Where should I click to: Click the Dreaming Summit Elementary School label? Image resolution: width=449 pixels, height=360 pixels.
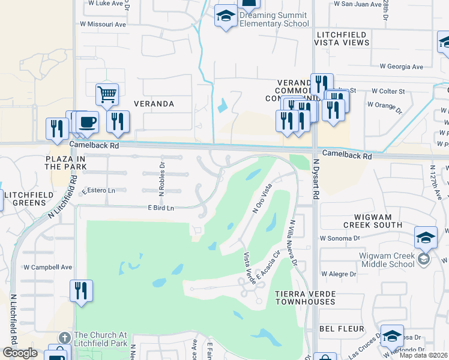coord(271,20)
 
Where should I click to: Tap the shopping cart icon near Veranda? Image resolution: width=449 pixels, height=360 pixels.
coord(107,94)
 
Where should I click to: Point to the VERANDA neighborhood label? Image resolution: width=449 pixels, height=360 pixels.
coord(155,104)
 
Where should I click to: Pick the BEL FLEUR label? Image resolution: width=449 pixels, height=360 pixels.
coord(342,329)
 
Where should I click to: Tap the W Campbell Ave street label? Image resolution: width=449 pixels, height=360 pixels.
coord(47,267)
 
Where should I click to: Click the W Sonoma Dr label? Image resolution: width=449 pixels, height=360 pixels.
coord(339,238)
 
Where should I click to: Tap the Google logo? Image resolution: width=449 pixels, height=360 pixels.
coord(20,353)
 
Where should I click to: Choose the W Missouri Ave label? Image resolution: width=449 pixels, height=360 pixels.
coord(107,25)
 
